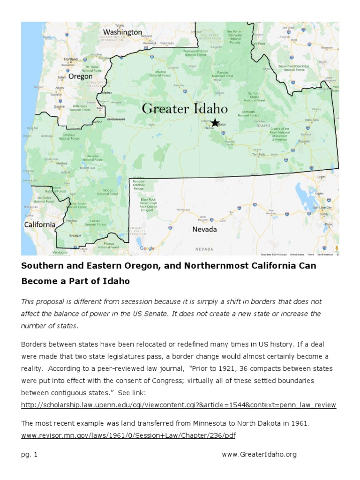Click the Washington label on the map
[x=122, y=32]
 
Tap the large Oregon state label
[x=80, y=76]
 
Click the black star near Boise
[x=215, y=123]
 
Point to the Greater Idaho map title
[x=185, y=109]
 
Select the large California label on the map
[x=40, y=225]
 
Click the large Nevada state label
[x=204, y=229]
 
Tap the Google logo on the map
[x=147, y=248]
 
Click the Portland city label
[x=71, y=60]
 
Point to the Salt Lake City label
[x=322, y=207]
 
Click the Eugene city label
[x=60, y=106]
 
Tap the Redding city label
[x=72, y=220]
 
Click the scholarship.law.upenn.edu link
[x=178, y=405]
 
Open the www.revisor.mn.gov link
[x=128, y=435]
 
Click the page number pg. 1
[x=29, y=455]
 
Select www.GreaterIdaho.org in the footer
[x=259, y=455]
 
